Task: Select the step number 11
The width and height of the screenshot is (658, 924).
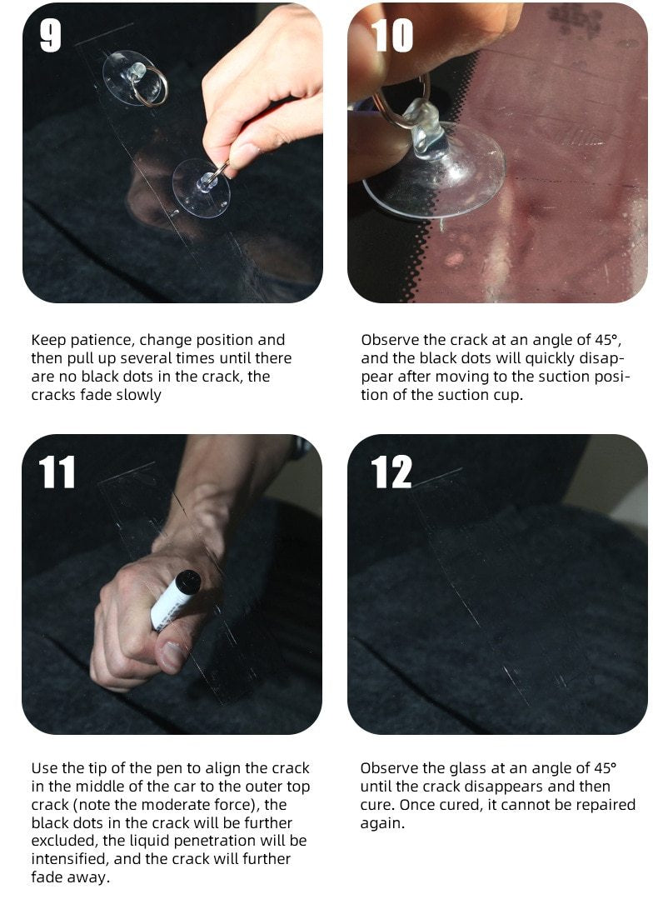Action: pyautogui.click(x=57, y=472)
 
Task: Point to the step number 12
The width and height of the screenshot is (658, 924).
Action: pyautogui.click(x=391, y=472)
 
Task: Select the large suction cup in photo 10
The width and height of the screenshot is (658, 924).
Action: pyautogui.click(x=437, y=171)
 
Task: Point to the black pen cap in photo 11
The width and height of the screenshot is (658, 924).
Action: pyautogui.click(x=188, y=580)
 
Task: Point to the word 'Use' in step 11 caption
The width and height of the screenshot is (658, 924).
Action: pyautogui.click(x=44, y=768)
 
